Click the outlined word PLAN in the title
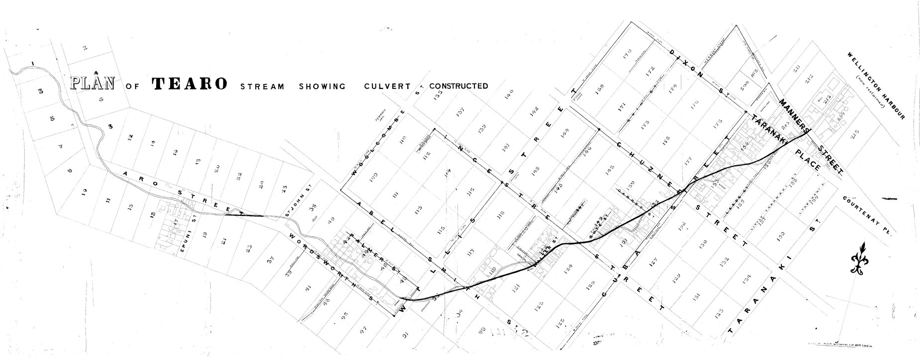92,83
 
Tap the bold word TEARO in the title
190,84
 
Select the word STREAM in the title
263,87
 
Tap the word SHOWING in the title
322,86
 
